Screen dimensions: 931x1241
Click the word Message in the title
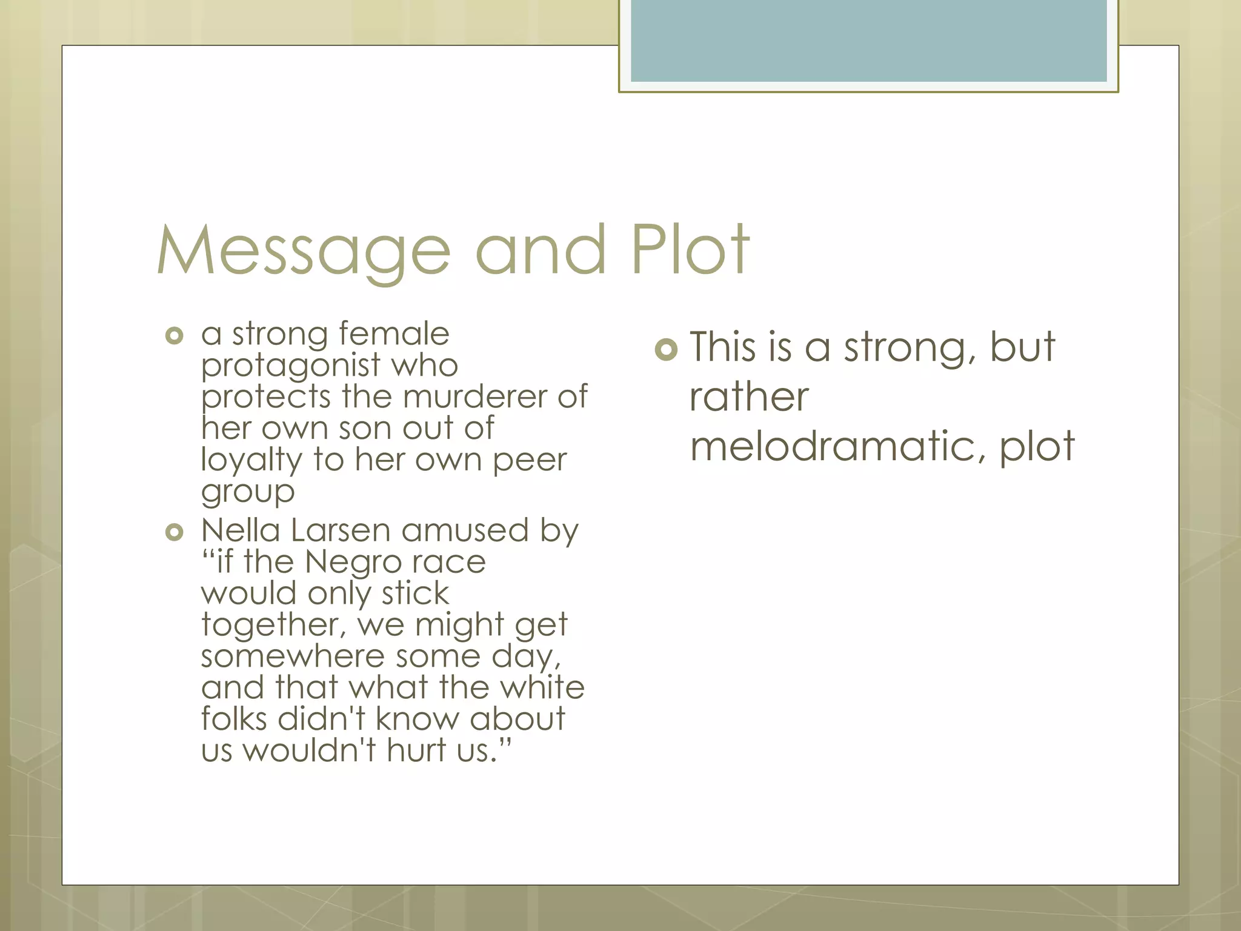[304, 250]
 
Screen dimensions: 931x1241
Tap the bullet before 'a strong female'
[174, 335]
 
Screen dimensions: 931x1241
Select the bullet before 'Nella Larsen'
[174, 532]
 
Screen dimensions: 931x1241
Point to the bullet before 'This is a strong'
[666, 349]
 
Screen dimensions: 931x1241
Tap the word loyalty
[251, 461]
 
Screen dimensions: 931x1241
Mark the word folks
[234, 719]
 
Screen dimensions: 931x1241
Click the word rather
[749, 397]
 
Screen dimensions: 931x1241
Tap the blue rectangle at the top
[868, 41]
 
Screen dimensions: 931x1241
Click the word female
[394, 334]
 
